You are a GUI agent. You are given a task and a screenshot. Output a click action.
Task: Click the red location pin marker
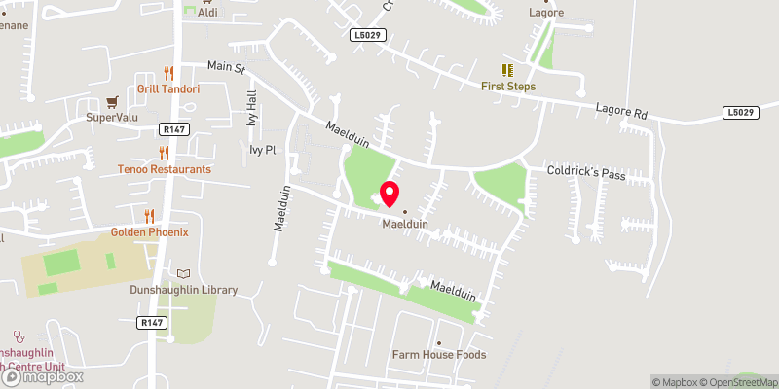pyautogui.click(x=389, y=194)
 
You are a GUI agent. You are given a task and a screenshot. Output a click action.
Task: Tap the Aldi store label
pyautogui.click(x=207, y=13)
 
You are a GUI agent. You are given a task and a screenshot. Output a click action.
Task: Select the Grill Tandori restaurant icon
pyautogui.click(x=168, y=73)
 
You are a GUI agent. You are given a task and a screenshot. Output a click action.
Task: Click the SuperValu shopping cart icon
pyautogui.click(x=112, y=101)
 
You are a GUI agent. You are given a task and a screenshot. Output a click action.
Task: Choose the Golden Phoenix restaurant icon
pyautogui.click(x=149, y=216)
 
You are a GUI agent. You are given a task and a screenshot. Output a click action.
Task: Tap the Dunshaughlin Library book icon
pyautogui.click(x=184, y=273)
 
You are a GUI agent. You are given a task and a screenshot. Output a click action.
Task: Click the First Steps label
pyautogui.click(x=507, y=87)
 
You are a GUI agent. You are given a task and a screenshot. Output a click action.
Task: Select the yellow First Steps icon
pyautogui.click(x=507, y=70)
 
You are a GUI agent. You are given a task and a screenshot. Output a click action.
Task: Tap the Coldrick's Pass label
pyautogui.click(x=585, y=174)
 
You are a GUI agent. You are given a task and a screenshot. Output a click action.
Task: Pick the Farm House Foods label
pyautogui.click(x=438, y=355)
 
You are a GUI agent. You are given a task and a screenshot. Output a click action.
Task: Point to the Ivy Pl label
pyautogui.click(x=263, y=150)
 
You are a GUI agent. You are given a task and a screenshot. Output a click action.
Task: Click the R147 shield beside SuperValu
pyautogui.click(x=174, y=128)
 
